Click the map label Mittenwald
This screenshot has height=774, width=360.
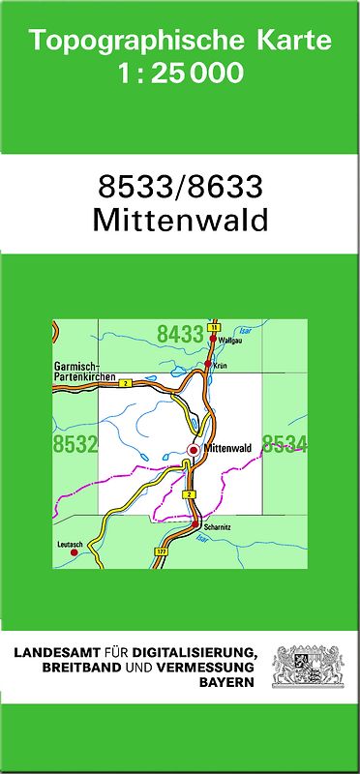(228, 449)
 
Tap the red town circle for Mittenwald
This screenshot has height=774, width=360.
(194, 450)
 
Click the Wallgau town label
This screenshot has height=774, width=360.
(229, 342)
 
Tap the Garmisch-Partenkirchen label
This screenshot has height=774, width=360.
(85, 371)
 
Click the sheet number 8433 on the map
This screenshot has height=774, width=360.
(180, 335)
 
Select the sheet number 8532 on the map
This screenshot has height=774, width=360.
(75, 445)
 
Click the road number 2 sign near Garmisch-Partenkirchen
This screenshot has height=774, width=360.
(126, 384)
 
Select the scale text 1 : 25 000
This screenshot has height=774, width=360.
(180, 74)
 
